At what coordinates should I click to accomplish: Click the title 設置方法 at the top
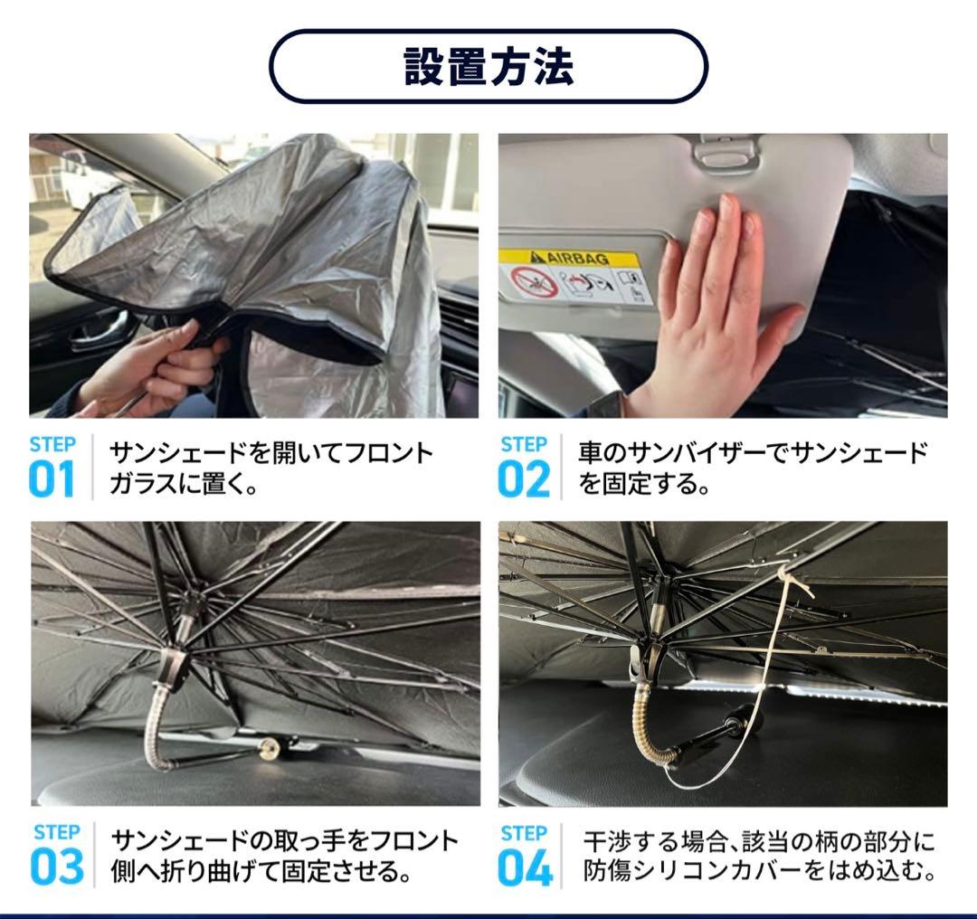(489, 66)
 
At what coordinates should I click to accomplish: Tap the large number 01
(52, 478)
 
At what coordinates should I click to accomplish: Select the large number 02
(524, 478)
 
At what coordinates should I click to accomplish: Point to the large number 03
(57, 867)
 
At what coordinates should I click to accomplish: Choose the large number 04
(526, 867)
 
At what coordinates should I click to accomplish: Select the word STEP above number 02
(524, 444)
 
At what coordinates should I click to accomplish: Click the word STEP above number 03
(57, 832)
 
